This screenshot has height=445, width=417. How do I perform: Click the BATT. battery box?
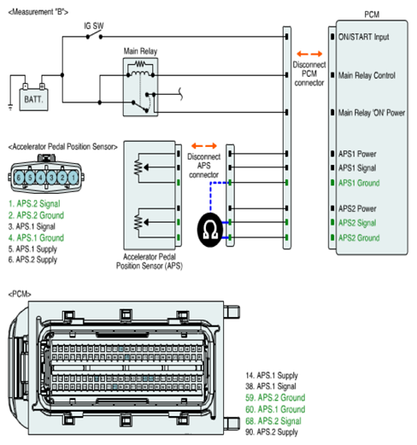[33, 99]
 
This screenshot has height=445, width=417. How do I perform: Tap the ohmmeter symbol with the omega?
[210, 230]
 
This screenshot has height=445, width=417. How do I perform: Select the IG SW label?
[94, 26]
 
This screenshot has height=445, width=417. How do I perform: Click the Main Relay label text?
[140, 51]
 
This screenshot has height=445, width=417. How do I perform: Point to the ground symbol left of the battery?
[10, 108]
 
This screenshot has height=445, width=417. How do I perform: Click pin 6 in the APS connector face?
[19, 178]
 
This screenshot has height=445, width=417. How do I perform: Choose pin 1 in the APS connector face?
[73, 178]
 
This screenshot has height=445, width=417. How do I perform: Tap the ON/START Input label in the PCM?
[363, 37]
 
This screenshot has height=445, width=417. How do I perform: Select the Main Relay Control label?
[367, 75]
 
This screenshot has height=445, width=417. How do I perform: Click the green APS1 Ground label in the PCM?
[359, 183]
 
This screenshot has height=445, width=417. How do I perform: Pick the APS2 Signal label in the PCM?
[357, 223]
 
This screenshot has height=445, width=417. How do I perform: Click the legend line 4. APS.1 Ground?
[36, 237]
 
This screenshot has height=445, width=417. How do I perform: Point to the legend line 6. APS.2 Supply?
[32, 260]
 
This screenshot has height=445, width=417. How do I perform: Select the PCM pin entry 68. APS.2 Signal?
[273, 421]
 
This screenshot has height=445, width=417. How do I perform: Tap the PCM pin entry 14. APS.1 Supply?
[272, 376]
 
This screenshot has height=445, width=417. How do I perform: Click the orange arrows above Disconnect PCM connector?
[309, 54]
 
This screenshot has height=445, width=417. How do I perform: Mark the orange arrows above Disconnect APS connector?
[204, 146]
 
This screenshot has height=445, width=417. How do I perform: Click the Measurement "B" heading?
[38, 12]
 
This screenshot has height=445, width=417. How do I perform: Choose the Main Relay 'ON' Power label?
[372, 113]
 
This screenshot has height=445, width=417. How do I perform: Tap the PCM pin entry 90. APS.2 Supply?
[272, 432]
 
